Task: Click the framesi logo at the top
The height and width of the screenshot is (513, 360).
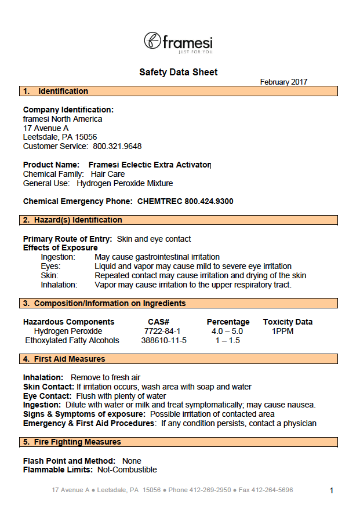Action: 178,42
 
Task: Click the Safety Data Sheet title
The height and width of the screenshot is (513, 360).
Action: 179,72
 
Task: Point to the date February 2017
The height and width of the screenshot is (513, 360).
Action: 283,82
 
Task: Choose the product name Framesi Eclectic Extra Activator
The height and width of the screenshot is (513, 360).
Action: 150,165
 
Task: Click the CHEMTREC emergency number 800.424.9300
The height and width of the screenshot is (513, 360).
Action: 209,201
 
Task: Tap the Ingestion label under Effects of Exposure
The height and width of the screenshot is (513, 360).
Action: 58,257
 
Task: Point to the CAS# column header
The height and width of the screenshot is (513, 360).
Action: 158,322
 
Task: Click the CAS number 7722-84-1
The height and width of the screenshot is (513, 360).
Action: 158,331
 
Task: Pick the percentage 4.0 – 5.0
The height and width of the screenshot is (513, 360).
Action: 227,331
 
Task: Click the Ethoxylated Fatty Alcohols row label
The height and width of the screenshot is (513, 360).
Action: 72,340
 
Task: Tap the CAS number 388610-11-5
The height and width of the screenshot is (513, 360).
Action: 164,340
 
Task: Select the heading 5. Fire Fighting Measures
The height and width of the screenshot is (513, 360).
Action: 72,442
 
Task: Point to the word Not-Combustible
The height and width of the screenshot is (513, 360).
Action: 127,470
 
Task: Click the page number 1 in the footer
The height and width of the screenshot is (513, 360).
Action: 332,491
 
